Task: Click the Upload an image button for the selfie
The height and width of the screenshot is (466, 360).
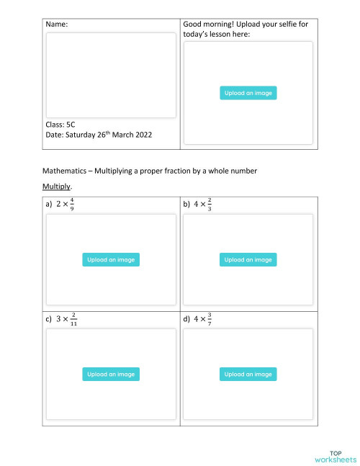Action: [248, 93]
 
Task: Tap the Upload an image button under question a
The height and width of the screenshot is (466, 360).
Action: [110, 260]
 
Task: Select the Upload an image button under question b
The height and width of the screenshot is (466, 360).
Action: [248, 260]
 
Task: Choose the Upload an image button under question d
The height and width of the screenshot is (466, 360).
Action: [248, 375]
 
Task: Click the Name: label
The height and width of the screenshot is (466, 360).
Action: [57, 24]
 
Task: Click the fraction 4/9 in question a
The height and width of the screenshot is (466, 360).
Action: [71, 205]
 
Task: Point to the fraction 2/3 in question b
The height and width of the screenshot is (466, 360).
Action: [209, 205]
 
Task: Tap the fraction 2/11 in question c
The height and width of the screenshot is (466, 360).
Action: [73, 319]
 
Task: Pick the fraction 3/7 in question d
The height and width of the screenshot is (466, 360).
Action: [210, 319]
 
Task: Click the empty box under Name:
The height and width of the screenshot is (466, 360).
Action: [110, 75]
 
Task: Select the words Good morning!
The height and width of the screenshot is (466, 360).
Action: [210, 24]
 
